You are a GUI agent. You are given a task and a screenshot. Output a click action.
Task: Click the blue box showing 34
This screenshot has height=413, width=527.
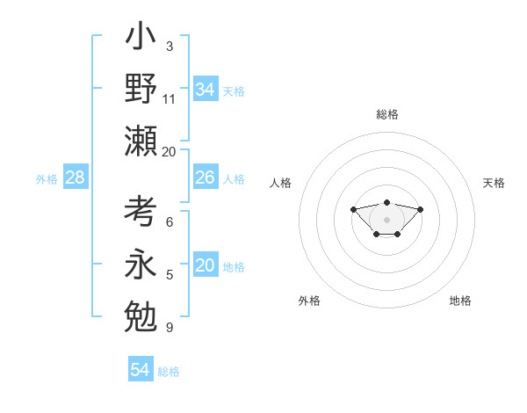click(205, 90)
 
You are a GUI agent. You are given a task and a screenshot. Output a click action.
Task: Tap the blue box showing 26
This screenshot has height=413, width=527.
click(205, 178)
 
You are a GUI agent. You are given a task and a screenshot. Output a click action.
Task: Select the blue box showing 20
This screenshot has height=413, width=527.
click(205, 265)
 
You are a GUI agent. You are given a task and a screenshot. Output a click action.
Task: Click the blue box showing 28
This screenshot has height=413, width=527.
click(76, 178)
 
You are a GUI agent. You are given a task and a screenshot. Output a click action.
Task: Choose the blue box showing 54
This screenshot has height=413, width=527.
click(141, 370)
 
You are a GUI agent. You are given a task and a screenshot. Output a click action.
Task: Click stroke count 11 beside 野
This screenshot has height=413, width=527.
click(170, 98)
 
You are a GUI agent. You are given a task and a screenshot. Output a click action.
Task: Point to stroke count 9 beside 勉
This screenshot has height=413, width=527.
click(169, 328)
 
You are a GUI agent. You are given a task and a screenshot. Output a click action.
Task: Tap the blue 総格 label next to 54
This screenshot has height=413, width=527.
click(169, 372)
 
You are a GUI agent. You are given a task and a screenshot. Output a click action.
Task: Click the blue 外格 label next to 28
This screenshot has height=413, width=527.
click(47, 179)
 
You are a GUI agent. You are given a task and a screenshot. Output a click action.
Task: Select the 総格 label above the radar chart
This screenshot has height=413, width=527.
click(386, 114)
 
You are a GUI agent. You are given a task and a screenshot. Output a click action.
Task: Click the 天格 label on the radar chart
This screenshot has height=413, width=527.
click(494, 183)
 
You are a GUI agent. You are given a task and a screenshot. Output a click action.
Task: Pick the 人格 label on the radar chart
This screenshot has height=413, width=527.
click(280, 183)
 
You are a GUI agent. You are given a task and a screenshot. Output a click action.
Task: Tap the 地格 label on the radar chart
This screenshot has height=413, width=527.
click(460, 301)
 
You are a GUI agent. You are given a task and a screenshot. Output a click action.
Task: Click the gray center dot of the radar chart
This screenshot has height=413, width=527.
click(386, 219)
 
